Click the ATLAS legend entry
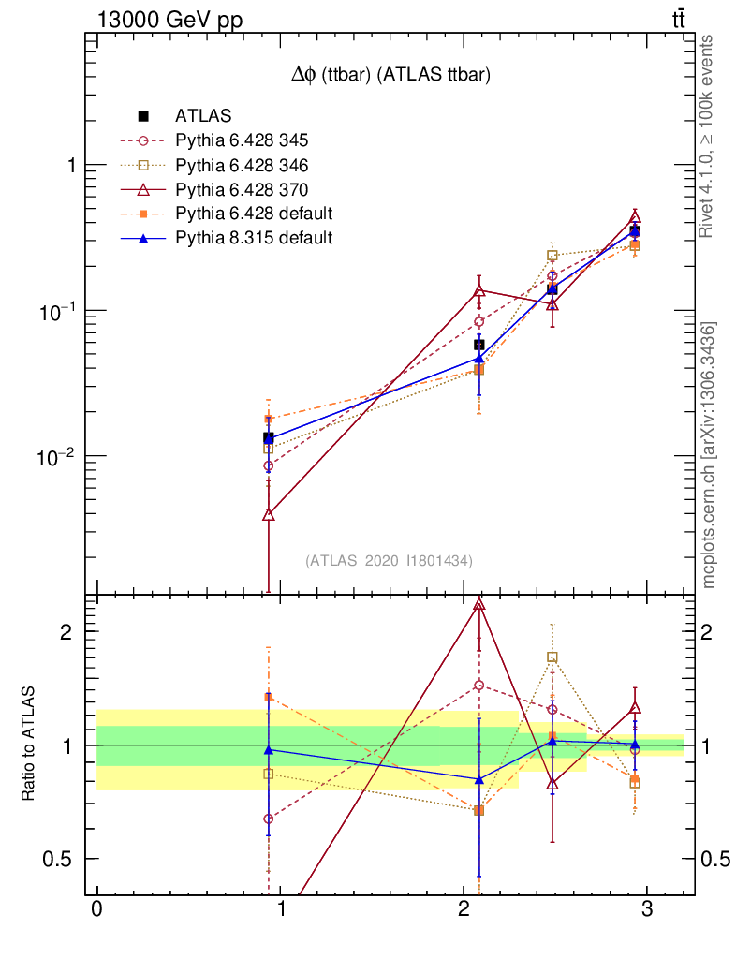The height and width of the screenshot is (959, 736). (x=197, y=116)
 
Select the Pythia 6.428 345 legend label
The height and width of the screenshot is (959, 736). (x=242, y=140)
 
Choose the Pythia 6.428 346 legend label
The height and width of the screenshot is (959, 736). (x=242, y=165)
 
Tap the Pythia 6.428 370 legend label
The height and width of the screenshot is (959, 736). (x=242, y=189)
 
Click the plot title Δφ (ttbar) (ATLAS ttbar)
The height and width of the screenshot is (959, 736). (x=390, y=77)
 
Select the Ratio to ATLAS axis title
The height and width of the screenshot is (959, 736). (x=27, y=744)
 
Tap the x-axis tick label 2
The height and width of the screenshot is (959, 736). (x=464, y=910)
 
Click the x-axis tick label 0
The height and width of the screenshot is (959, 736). (x=96, y=910)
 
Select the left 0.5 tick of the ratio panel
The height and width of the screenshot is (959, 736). (x=58, y=859)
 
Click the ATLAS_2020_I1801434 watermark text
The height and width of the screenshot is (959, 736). (x=389, y=560)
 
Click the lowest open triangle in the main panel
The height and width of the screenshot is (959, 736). (x=269, y=514)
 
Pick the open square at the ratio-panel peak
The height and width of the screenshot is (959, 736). (x=552, y=657)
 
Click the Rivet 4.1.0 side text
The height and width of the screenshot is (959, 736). (x=710, y=136)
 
